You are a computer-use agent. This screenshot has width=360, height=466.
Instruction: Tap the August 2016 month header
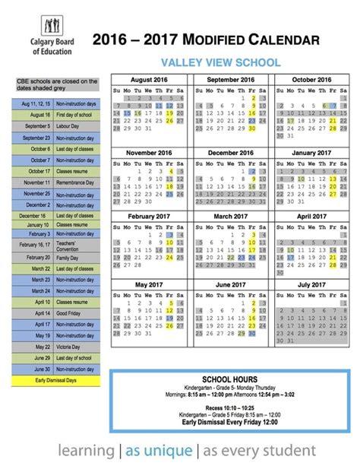pos(148,80)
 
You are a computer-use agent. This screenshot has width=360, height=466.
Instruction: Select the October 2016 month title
pos(311,80)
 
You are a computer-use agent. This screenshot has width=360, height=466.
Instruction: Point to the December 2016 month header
pos(230,153)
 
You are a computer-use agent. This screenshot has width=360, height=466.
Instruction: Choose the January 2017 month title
pos(311,153)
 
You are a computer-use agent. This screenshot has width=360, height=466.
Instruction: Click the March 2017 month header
pos(230,216)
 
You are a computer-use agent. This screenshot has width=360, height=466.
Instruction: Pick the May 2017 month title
pos(148,286)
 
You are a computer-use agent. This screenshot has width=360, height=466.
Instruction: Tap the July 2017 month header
pos(311,286)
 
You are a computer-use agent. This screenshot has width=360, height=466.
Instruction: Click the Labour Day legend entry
pos(79,126)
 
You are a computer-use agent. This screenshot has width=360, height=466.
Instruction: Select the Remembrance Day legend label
pos(79,182)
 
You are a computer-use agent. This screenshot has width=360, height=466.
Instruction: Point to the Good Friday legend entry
pos(79,313)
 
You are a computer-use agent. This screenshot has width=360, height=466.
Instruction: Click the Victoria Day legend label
pos(79,347)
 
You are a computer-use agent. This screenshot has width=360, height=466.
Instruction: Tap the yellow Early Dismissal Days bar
pos(58,379)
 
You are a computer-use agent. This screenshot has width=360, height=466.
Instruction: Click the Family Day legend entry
pos(79,257)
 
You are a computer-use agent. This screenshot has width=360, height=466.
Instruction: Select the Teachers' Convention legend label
pos(79,244)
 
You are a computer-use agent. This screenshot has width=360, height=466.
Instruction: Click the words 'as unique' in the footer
pos(163,450)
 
